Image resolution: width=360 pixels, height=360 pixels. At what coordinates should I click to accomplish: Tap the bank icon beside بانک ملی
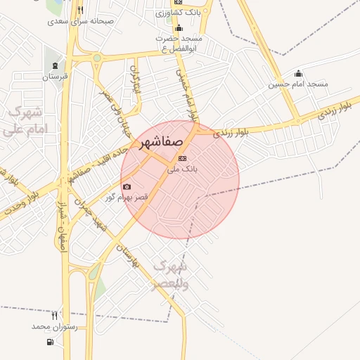tap(183, 158)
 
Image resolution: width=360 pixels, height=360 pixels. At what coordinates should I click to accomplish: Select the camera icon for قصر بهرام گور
tap(127, 186)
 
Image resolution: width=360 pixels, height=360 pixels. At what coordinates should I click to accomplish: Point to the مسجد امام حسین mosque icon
tap(298, 73)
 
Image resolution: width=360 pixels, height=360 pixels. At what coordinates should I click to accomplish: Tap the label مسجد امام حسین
tap(298, 84)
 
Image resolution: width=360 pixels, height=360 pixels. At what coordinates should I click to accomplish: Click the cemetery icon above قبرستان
tap(56, 65)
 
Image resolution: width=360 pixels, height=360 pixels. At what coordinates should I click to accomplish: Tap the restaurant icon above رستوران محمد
tap(54, 316)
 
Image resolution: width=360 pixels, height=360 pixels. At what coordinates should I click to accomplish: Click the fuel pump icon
tap(49, 342)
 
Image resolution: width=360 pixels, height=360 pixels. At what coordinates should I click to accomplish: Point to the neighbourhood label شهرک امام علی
tap(24, 121)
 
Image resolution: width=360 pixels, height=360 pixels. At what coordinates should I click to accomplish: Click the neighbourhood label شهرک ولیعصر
tap(169, 275)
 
